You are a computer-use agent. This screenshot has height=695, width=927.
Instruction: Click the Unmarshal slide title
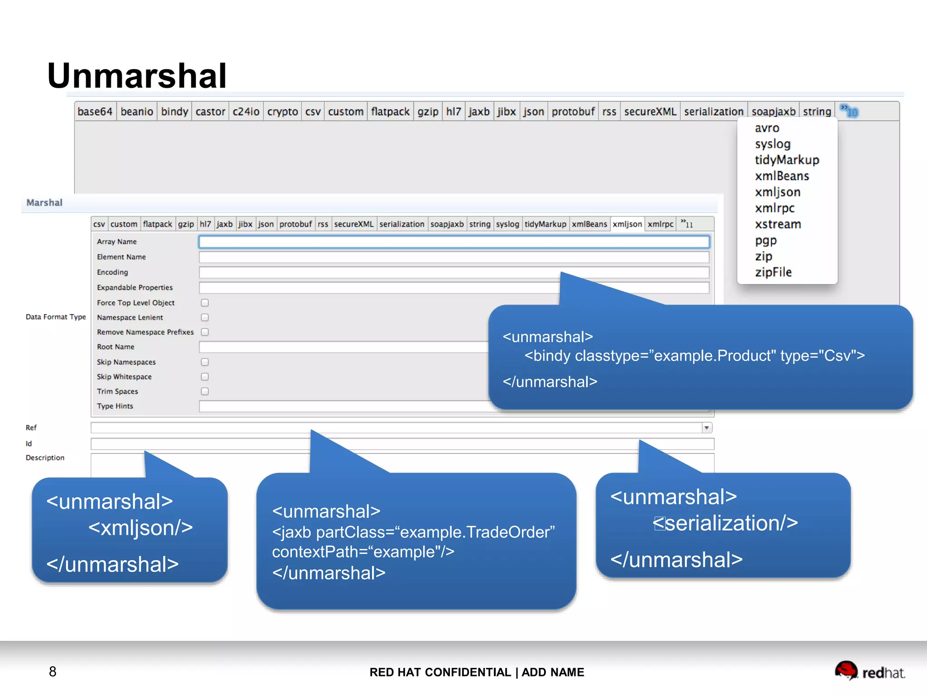137,76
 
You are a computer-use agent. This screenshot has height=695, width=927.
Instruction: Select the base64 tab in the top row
95,111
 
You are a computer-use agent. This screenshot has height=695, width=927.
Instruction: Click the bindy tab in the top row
174,111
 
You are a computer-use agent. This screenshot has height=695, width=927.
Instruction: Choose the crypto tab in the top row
282,111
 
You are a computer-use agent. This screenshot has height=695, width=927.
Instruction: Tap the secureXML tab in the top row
650,111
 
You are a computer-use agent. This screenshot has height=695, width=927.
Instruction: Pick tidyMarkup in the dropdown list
787,160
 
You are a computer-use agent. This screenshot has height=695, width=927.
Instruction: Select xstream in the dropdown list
778,224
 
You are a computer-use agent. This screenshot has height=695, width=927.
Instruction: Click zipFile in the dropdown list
773,272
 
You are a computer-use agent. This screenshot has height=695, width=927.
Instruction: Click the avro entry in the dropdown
767,128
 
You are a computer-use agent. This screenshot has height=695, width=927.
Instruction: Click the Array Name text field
454,242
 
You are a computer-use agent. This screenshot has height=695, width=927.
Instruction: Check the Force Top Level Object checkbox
205,303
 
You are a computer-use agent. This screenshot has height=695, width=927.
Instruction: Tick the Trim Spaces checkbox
205,391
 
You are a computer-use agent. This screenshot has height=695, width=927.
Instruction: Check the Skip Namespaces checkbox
205,362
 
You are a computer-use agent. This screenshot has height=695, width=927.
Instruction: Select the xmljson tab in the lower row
627,224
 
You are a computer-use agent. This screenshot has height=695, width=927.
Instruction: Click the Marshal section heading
44,203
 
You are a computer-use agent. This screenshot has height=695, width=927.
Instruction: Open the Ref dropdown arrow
707,428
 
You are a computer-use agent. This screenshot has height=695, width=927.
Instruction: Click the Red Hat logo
870,671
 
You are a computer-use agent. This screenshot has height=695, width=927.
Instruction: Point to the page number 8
53,671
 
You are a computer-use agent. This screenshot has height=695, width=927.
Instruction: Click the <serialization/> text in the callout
725,523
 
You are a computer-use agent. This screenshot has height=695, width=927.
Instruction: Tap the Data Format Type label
56,317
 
